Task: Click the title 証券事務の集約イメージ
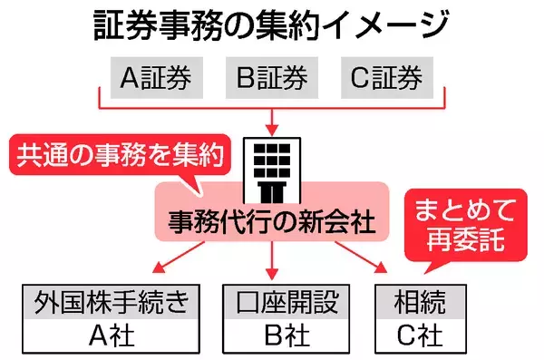[272, 25]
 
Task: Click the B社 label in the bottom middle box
[273, 336]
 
